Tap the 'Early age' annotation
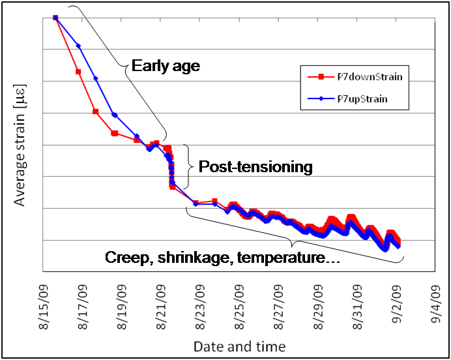166,66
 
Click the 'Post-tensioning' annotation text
255,167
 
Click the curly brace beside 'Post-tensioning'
188,166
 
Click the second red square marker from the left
78,72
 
